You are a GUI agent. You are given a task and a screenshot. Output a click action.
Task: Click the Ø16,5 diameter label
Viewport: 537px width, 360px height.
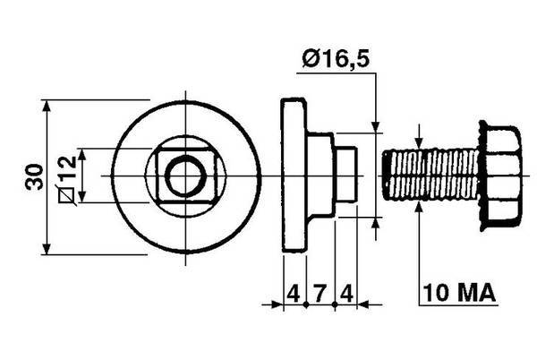point(336,58)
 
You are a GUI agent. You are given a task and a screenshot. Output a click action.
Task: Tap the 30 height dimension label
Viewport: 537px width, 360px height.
point(35,176)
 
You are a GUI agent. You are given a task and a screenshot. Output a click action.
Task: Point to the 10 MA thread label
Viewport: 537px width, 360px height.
point(459,293)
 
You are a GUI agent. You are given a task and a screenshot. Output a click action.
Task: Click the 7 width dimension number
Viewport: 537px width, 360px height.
point(320,293)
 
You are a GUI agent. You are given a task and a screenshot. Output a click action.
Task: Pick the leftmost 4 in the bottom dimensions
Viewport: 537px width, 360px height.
point(293,293)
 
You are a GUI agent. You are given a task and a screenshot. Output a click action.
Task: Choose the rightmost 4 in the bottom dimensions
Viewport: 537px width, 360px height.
point(346,293)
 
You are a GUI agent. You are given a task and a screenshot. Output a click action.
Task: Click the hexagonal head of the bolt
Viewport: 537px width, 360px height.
point(500,176)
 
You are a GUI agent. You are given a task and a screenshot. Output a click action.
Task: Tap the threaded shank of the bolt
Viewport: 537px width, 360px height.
point(430,176)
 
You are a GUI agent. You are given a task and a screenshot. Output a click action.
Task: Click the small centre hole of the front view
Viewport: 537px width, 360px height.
point(185,176)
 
